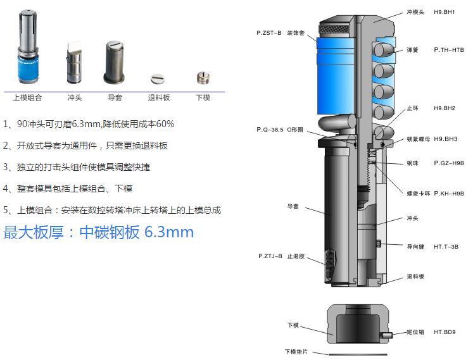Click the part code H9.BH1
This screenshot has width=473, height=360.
445,12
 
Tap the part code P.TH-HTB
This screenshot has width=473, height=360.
448,49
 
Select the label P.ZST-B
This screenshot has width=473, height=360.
268,32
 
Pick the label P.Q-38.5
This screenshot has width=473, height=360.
270,129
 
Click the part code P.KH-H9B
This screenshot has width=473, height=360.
449,193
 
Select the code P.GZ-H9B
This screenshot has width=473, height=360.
449,163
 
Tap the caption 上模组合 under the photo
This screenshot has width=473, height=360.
27,97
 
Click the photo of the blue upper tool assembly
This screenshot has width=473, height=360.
27,47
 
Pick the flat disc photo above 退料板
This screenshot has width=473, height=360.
158,78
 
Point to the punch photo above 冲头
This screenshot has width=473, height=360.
74,63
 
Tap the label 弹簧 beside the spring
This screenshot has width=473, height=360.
412,49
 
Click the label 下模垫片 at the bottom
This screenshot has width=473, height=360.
295,352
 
